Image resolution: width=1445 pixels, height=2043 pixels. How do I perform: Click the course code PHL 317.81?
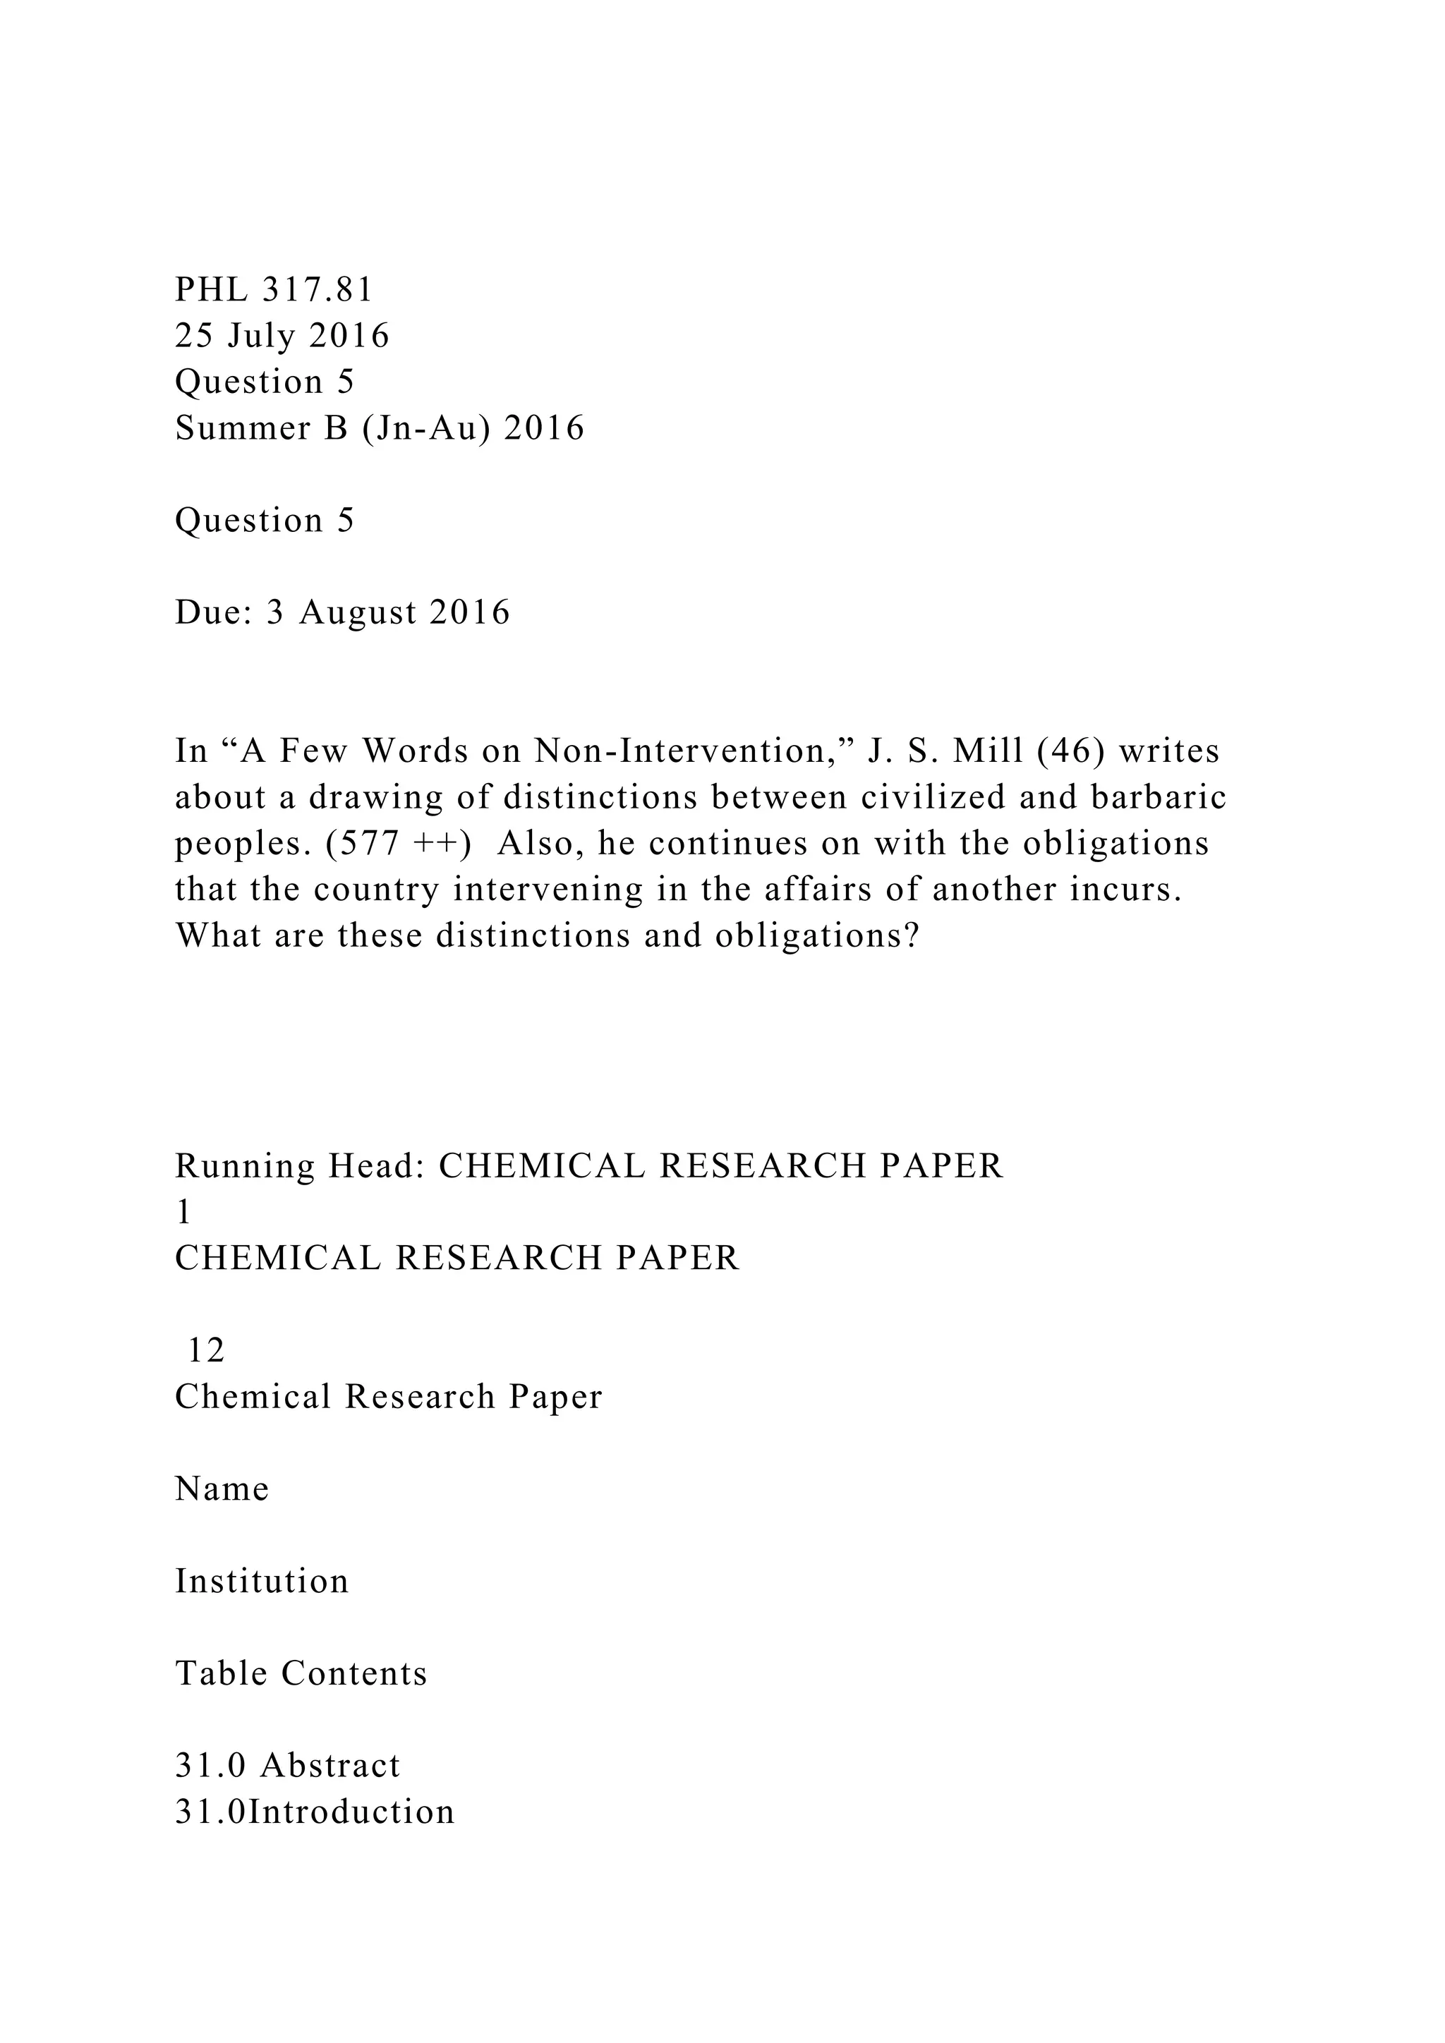(x=274, y=290)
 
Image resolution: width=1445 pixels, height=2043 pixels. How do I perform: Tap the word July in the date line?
(x=262, y=337)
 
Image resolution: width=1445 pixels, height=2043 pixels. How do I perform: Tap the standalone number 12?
(x=205, y=1351)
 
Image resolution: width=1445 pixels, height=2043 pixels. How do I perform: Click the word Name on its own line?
(x=222, y=1489)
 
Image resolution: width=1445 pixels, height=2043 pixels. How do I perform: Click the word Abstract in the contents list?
(x=330, y=1766)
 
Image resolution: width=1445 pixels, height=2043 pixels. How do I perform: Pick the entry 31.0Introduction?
(x=315, y=1812)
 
